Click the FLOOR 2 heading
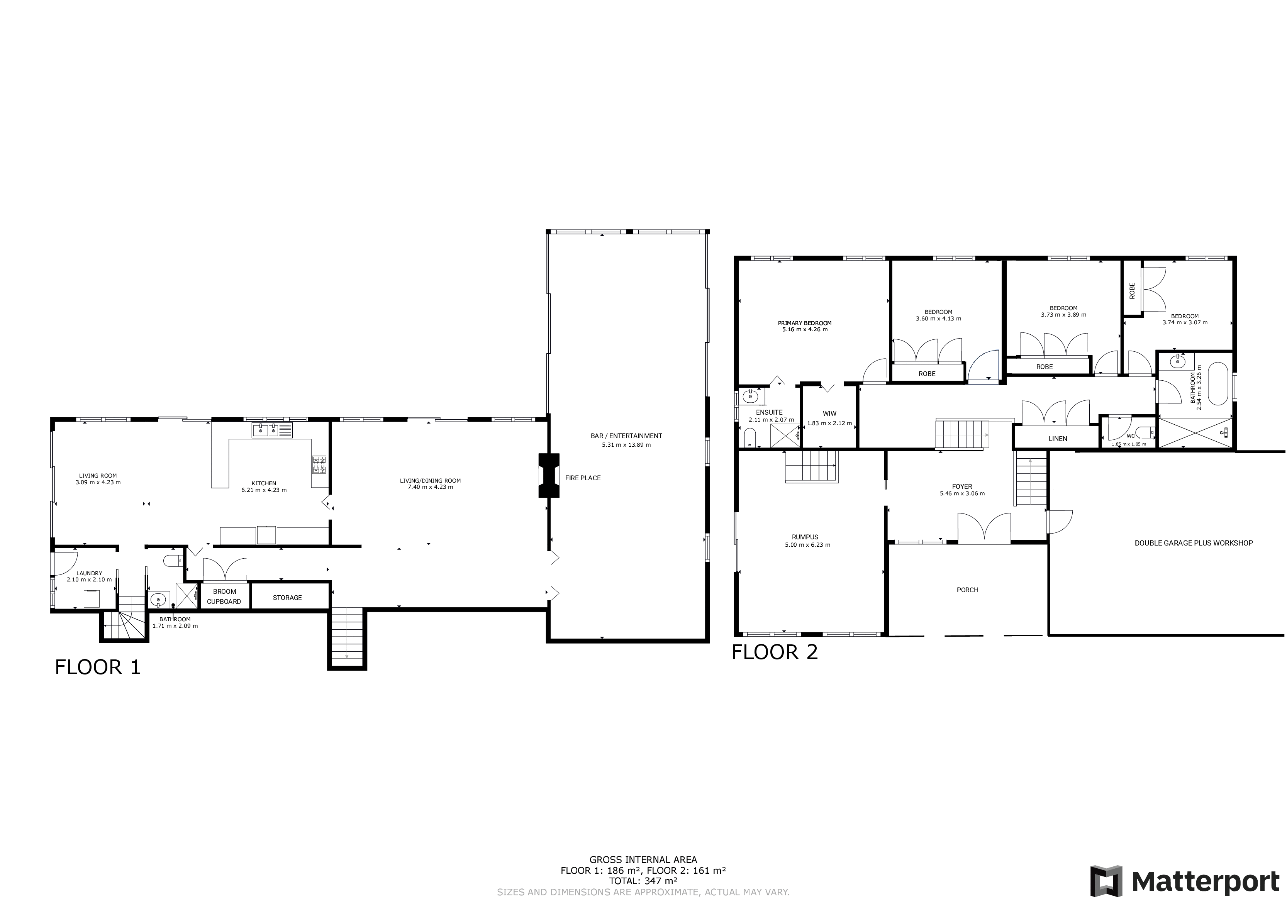point(775,652)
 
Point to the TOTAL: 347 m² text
point(643,880)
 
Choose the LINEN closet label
point(1058,439)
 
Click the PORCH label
point(968,590)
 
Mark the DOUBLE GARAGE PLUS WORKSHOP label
point(1194,543)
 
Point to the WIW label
point(829,413)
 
